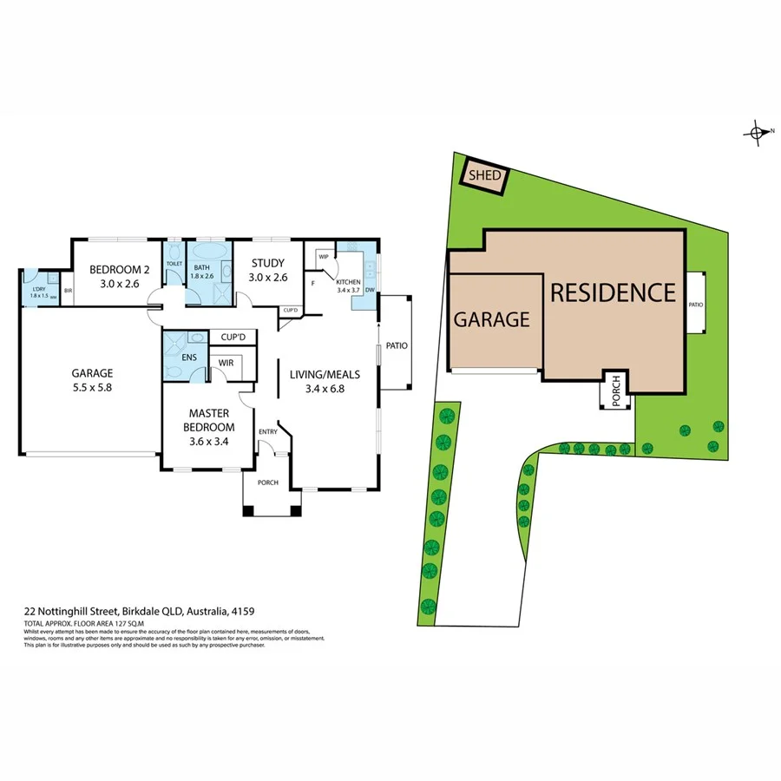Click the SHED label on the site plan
click(x=484, y=176)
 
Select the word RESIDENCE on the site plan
click(x=613, y=292)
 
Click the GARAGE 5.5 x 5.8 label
click(x=92, y=380)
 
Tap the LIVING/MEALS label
click(x=325, y=381)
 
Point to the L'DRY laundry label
click(x=39, y=291)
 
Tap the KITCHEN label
click(x=349, y=283)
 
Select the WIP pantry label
click(x=323, y=256)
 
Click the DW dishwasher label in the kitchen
click(x=370, y=290)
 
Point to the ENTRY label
click(x=267, y=431)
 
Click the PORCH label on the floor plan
click(x=268, y=482)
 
